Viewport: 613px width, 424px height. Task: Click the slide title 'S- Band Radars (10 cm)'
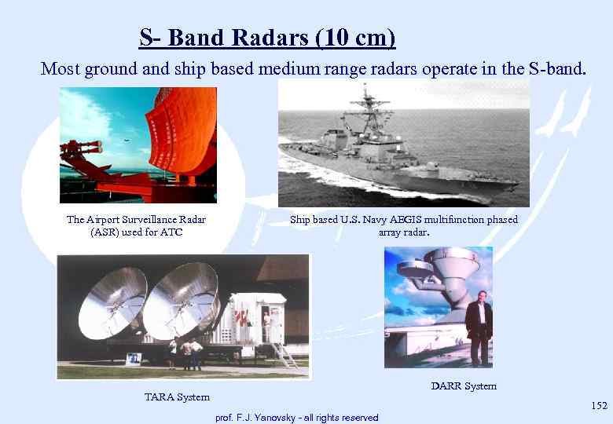(x=267, y=37)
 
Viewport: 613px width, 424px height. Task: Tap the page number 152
(x=599, y=405)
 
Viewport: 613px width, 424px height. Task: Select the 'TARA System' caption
(x=176, y=397)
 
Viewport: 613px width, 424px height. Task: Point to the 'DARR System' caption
(x=464, y=386)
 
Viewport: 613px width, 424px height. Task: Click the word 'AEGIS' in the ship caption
(x=404, y=220)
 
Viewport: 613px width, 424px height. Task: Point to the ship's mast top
(x=369, y=90)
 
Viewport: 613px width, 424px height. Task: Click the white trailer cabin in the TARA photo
(x=259, y=318)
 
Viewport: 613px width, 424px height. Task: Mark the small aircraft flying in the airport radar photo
(x=126, y=141)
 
